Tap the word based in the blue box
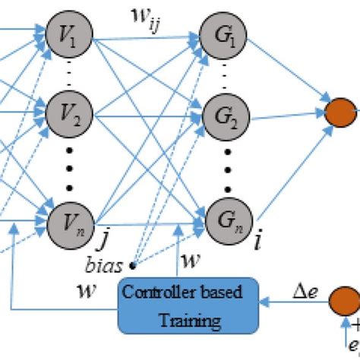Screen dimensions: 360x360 click(x=225, y=293)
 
